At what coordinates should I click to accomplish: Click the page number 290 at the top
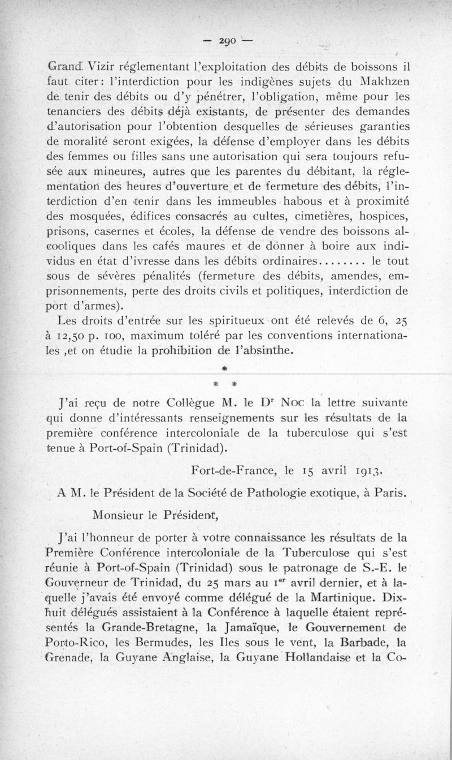coord(228,41)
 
